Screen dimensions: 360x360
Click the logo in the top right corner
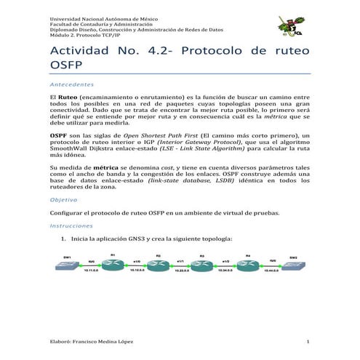297,26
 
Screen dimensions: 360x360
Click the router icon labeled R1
113,263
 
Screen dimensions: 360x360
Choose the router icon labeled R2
158,263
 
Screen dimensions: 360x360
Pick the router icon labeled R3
203,263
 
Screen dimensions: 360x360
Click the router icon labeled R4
248,263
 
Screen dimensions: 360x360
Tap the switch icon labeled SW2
292,265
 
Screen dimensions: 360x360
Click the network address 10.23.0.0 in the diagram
180,270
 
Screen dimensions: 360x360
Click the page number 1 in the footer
308,342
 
